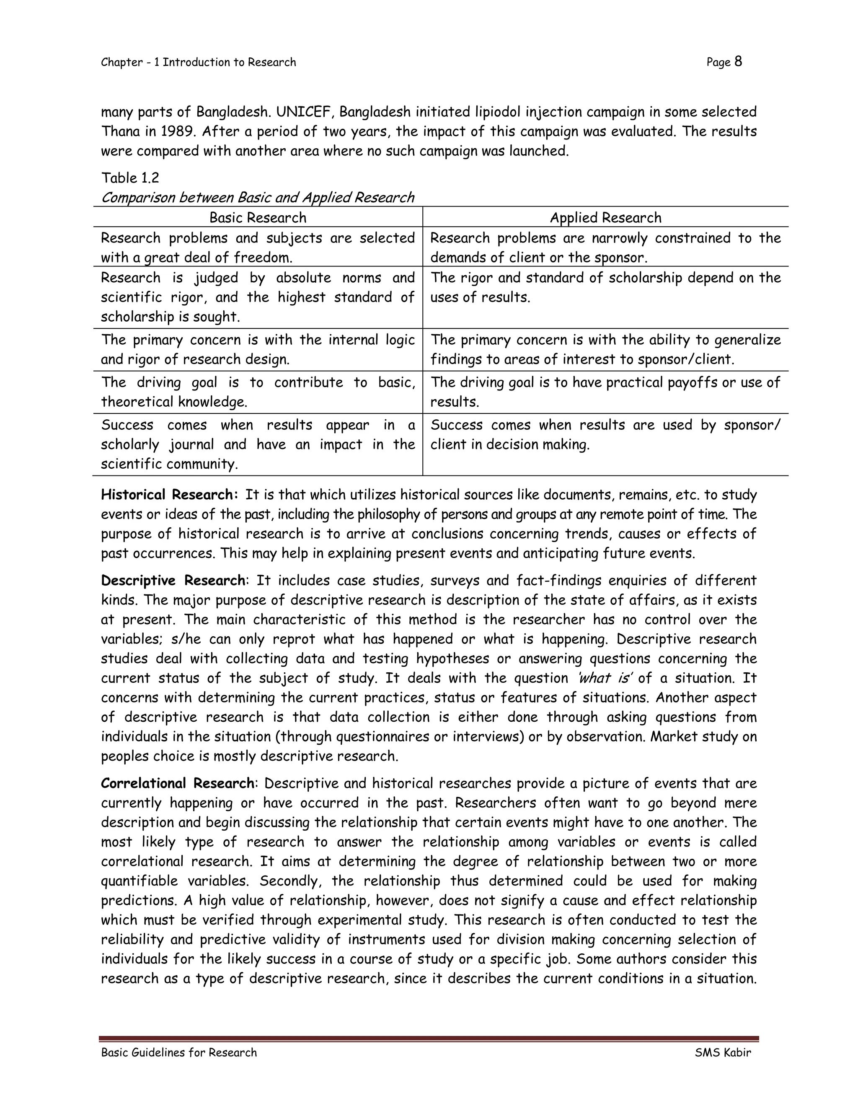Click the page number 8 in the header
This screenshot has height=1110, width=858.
(x=738, y=62)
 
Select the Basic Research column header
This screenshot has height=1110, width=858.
(x=258, y=217)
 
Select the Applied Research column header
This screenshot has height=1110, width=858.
(x=605, y=217)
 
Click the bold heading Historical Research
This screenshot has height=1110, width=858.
(x=169, y=495)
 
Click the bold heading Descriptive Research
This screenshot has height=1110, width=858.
(x=173, y=581)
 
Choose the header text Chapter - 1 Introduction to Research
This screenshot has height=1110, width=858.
(x=198, y=62)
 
